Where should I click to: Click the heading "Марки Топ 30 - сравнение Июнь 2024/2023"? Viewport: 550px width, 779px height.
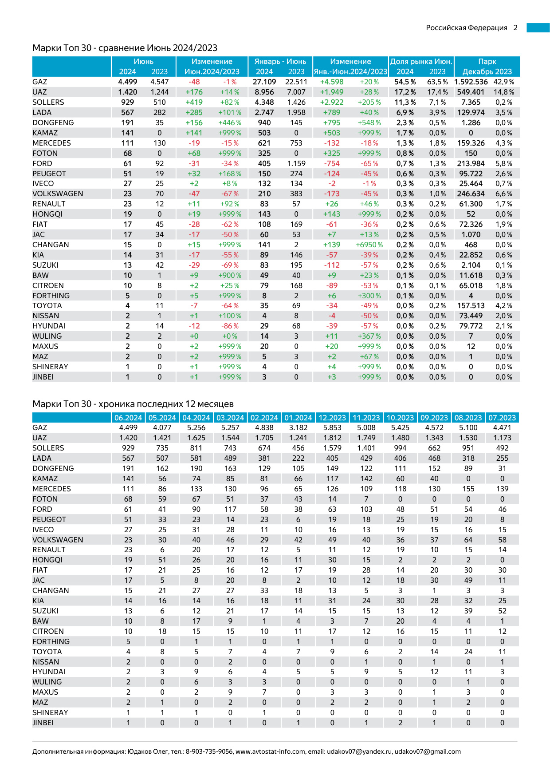[125, 48]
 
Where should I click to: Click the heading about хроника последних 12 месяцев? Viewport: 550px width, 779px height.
[133, 404]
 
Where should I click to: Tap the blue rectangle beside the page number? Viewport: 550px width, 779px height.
[538, 28]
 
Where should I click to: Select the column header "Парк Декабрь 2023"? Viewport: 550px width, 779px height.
[487, 67]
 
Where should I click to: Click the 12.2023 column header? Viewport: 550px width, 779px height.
[332, 418]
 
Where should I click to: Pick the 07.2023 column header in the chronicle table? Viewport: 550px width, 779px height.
[502, 418]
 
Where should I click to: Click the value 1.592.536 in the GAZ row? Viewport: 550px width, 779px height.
[471, 82]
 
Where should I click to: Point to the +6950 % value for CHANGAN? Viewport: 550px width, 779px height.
[369, 245]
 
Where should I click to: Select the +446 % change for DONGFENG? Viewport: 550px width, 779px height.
[230, 123]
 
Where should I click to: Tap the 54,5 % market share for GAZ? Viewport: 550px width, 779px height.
[405, 82]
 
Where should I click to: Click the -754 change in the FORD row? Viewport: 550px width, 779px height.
[332, 163]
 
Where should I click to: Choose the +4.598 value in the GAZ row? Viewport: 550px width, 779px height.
[332, 82]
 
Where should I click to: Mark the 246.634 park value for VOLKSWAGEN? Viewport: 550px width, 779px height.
[471, 194]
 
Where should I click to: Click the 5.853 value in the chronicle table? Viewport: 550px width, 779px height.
[332, 427]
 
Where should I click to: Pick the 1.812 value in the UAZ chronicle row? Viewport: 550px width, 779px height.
[332, 438]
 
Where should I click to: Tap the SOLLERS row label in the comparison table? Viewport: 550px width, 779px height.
[48, 102]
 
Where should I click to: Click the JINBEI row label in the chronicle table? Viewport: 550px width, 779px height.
[43, 723]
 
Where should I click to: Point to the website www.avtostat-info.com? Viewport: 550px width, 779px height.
[270, 751]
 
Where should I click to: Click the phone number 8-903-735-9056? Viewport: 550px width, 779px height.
[209, 751]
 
